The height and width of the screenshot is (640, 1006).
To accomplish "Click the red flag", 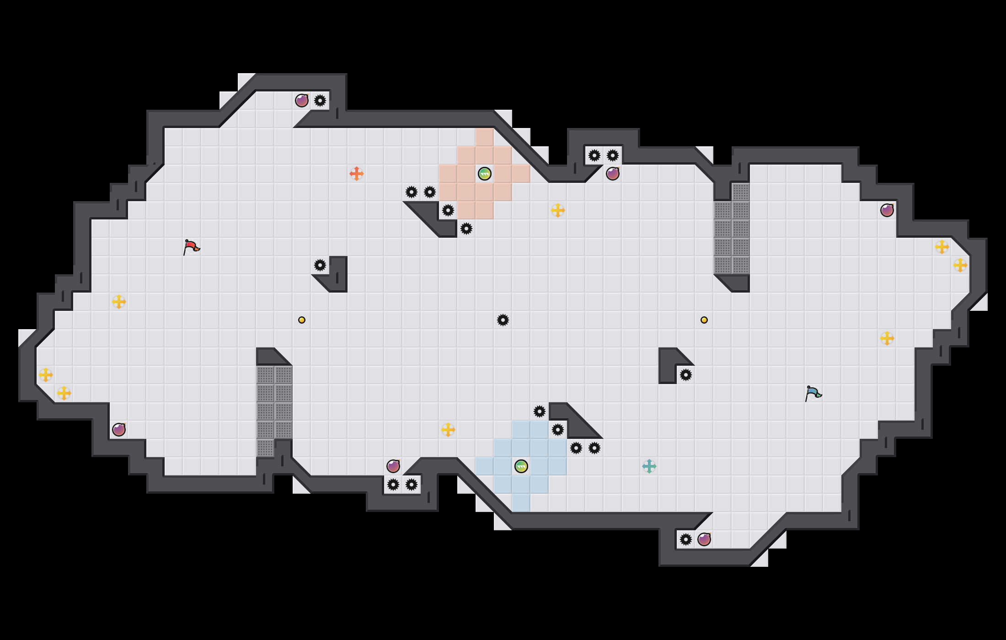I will pyautogui.click(x=191, y=247).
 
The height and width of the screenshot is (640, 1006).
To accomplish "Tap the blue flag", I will pyautogui.click(x=813, y=393).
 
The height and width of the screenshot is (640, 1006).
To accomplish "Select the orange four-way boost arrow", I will pyautogui.click(x=357, y=174).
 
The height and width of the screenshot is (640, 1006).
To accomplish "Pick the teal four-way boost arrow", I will pyautogui.click(x=649, y=466).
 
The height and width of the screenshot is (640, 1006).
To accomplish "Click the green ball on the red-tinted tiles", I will pyautogui.click(x=485, y=174).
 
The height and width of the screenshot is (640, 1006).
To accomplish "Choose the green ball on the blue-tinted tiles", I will pyautogui.click(x=521, y=466).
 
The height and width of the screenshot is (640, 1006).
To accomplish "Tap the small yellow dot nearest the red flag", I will pyautogui.click(x=302, y=320).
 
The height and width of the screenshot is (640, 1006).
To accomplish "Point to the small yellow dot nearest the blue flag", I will pyautogui.click(x=704, y=320).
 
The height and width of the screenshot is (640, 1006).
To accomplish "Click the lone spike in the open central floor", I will pyautogui.click(x=503, y=320).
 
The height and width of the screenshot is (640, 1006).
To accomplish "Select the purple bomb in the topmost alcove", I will pyautogui.click(x=302, y=101).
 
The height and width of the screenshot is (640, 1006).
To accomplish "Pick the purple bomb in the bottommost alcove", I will pyautogui.click(x=704, y=539).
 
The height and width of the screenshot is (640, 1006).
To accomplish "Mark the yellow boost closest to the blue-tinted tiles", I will pyautogui.click(x=448, y=430).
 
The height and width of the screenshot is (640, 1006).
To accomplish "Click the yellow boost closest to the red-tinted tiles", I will pyautogui.click(x=558, y=210).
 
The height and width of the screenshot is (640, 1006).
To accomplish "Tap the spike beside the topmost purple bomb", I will pyautogui.click(x=320, y=101).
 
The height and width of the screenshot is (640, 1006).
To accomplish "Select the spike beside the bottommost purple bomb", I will pyautogui.click(x=686, y=539).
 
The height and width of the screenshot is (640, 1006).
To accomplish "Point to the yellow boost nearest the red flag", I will pyautogui.click(x=119, y=302).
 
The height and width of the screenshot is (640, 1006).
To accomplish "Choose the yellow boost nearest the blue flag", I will pyautogui.click(x=887, y=338).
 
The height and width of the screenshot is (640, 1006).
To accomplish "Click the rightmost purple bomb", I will pyautogui.click(x=887, y=210).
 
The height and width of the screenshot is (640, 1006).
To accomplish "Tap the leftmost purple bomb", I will pyautogui.click(x=119, y=430).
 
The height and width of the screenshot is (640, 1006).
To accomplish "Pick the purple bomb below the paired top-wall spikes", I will pyautogui.click(x=613, y=174).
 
